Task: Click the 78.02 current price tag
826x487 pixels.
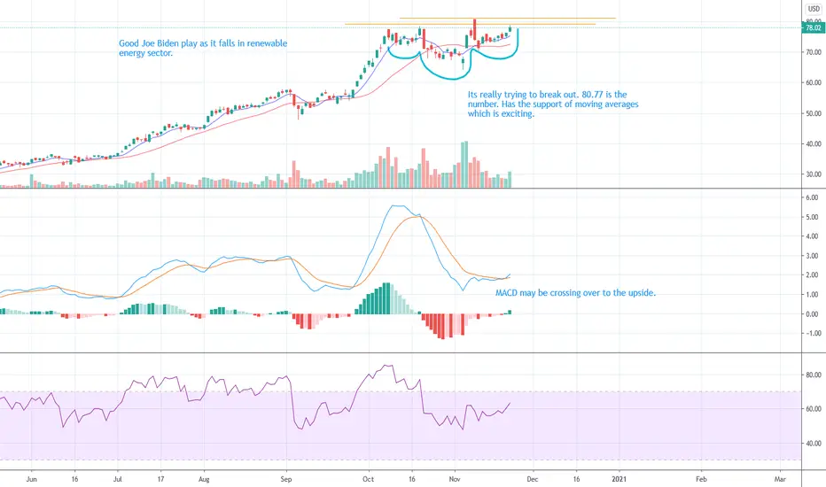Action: point(812,28)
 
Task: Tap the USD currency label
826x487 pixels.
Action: point(812,8)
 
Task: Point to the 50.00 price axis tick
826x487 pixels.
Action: point(812,112)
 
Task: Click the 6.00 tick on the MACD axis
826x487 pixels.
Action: point(811,197)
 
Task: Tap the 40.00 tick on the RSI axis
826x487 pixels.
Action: point(812,443)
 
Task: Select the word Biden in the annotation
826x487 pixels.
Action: point(182,43)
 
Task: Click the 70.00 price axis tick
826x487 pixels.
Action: point(812,52)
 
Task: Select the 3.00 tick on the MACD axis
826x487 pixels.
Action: point(811,256)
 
